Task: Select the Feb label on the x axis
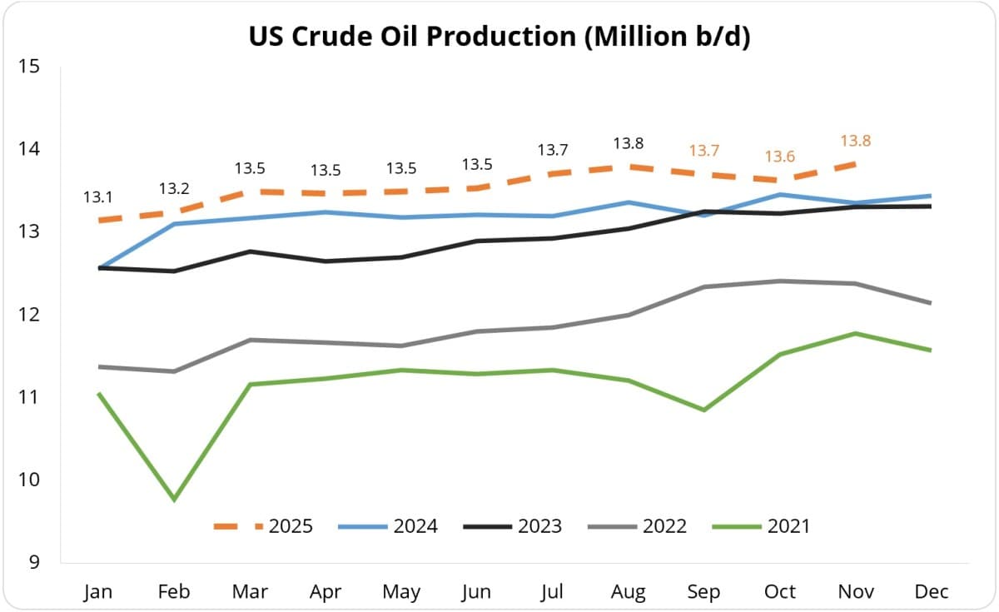tap(174, 592)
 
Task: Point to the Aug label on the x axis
tap(628, 592)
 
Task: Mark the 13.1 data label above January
tap(98, 198)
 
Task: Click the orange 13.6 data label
tap(779, 157)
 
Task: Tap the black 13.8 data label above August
tap(628, 143)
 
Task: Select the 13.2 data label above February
tap(174, 187)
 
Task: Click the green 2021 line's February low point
tap(174, 500)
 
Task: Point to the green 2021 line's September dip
tap(703, 410)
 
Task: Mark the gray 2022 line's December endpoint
tap(930, 303)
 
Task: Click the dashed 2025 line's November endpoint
tap(855, 164)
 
